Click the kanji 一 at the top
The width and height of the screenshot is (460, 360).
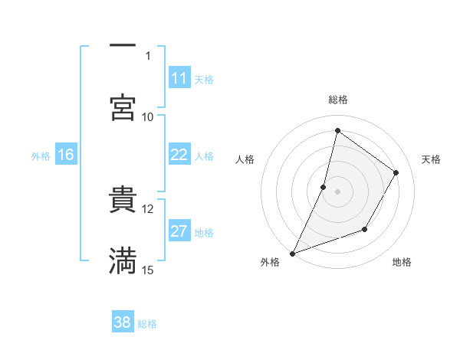click(x=123, y=46)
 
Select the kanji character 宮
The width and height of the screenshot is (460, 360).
click(x=123, y=108)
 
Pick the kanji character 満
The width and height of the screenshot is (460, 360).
click(x=123, y=261)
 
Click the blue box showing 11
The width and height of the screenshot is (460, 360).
click(x=179, y=78)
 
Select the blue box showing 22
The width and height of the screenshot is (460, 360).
click(x=179, y=155)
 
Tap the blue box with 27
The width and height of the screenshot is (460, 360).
click(x=179, y=232)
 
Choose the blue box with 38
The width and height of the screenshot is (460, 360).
click(x=123, y=323)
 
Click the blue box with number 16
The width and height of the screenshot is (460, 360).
click(x=66, y=155)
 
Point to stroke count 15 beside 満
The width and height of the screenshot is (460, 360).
click(x=148, y=270)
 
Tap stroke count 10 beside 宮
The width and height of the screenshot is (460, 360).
click(x=148, y=116)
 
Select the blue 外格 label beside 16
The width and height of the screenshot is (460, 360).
click(x=41, y=155)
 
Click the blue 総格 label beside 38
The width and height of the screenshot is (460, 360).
click(x=147, y=324)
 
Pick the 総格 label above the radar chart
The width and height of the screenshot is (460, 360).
click(x=337, y=100)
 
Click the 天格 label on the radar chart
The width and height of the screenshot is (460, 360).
click(x=431, y=159)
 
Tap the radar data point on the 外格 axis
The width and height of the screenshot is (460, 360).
click(x=292, y=253)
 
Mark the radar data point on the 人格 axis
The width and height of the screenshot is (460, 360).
click(x=324, y=187)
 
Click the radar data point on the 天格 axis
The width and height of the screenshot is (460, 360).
click(x=396, y=172)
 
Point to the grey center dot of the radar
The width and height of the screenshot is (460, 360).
click(x=337, y=191)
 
